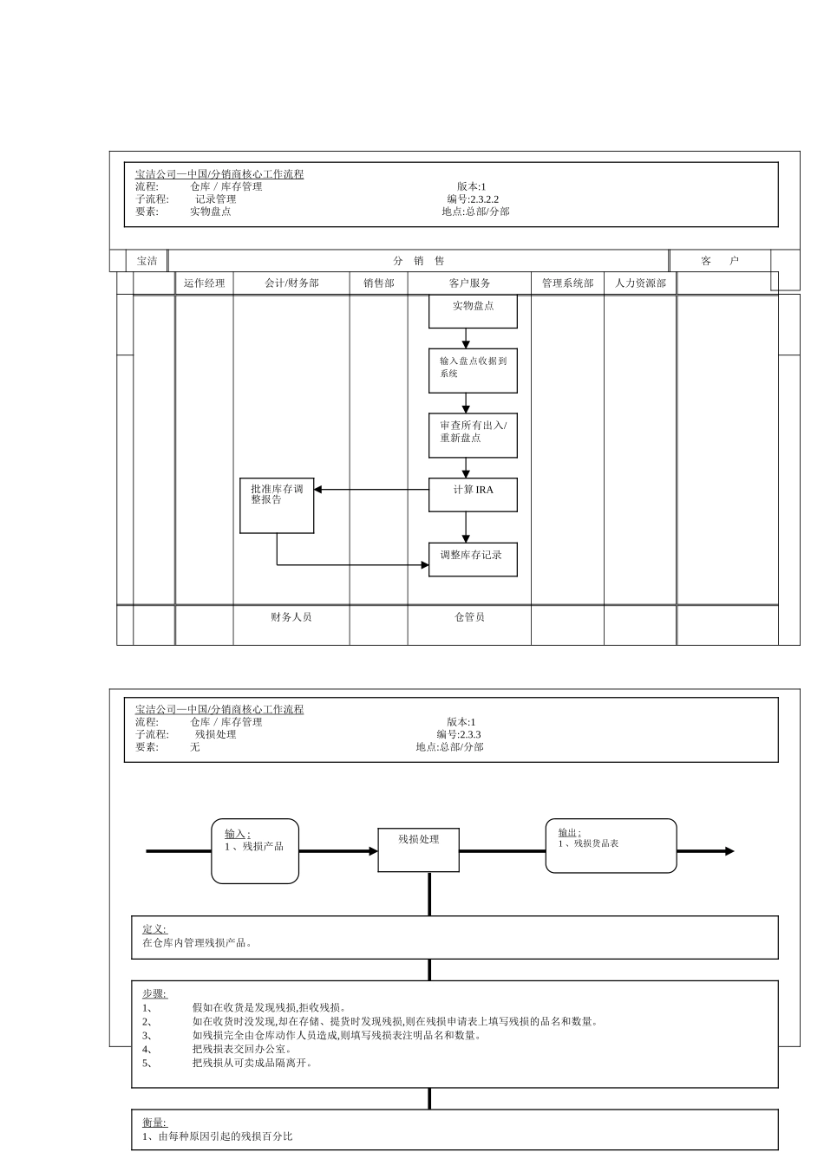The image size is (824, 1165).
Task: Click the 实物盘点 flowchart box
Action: pyautogui.click(x=473, y=310)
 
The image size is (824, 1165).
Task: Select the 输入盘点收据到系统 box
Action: pyautogui.click(x=473, y=370)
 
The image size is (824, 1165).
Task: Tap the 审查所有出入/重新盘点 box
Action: pyautogui.click(x=473, y=434)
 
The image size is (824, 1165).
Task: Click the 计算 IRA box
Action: pyautogui.click(x=473, y=493)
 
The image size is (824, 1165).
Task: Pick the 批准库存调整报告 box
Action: pyautogui.click(x=277, y=504)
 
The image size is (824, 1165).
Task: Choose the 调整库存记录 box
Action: pyautogui.click(x=473, y=559)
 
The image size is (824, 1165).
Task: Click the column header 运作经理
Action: pyautogui.click(x=204, y=283)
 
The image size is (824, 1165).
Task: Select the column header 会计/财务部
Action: pyautogui.click(x=291, y=283)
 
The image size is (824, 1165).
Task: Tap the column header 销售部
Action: pyautogui.click(x=378, y=283)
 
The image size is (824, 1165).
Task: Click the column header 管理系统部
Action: pyautogui.click(x=567, y=283)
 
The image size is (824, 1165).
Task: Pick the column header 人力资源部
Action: pyautogui.click(x=640, y=283)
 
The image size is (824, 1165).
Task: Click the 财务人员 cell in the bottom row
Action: pyautogui.click(x=291, y=617)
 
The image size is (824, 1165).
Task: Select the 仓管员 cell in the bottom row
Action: pyautogui.click(x=469, y=617)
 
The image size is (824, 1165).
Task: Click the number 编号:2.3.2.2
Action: pyautogui.click(x=473, y=199)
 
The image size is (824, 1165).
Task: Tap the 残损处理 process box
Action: pyautogui.click(x=418, y=849)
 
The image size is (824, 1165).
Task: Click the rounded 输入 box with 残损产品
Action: pyautogui.click(x=255, y=851)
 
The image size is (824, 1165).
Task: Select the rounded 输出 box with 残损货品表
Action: pyautogui.click(x=611, y=845)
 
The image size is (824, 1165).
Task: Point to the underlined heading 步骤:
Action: pyautogui.click(x=154, y=994)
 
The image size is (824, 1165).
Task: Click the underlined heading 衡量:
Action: pyautogui.click(x=154, y=1123)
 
